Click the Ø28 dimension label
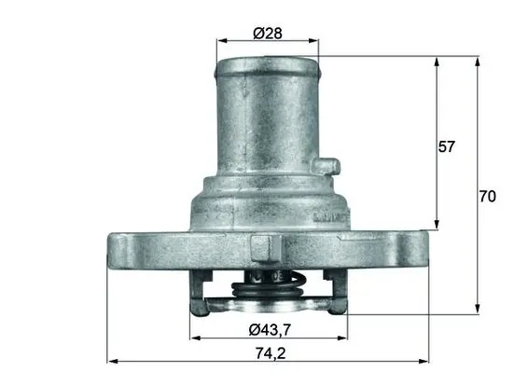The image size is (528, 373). pyautogui.click(x=268, y=34)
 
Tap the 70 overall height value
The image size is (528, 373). pyautogui.click(x=486, y=196)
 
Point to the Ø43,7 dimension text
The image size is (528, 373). pyautogui.click(x=269, y=329)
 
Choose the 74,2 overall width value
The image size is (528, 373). pyautogui.click(x=269, y=352)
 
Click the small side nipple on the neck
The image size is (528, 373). pyautogui.click(x=324, y=167)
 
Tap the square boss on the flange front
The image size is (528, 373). pyautogui.click(x=264, y=248)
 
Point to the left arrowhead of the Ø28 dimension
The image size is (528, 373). pyautogui.click(x=220, y=42)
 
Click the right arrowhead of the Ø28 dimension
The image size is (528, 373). pyautogui.click(x=314, y=42)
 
